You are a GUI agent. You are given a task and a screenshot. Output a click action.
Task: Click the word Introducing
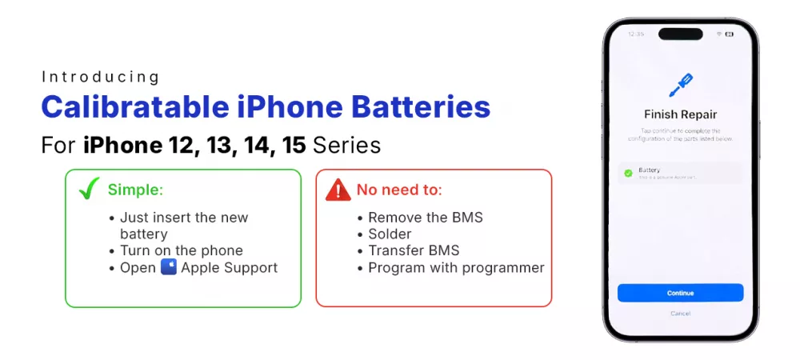tap(101, 77)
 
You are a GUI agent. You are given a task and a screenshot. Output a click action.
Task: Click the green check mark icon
tap(88, 190)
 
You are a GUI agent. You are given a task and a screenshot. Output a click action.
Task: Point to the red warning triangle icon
tap(338, 190)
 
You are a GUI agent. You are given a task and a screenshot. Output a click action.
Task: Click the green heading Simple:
tap(136, 190)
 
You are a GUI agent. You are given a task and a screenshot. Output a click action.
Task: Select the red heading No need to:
tap(399, 190)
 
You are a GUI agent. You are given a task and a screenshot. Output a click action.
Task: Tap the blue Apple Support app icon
tap(168, 267)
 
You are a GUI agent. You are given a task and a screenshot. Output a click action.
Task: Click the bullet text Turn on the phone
tap(181, 250)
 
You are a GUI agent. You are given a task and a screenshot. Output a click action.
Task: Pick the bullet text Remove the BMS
tap(426, 218)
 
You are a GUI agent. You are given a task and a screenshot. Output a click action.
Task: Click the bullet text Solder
tap(390, 234)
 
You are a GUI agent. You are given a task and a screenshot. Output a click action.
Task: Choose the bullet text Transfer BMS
tap(414, 250)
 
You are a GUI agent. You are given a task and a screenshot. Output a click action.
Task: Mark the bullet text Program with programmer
tap(456, 267)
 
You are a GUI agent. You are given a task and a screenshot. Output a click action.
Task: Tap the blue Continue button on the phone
tap(680, 293)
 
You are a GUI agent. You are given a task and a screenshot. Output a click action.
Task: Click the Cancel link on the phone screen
tap(680, 313)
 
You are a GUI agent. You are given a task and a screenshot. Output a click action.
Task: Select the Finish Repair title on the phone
tap(680, 114)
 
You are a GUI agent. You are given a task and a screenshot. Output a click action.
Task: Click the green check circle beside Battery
tap(628, 173)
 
